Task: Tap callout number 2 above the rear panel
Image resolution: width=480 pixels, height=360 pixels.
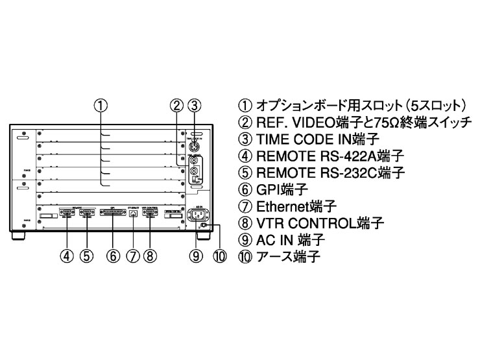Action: [x=175, y=104]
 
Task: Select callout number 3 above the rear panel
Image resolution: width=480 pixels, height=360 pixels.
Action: [x=192, y=104]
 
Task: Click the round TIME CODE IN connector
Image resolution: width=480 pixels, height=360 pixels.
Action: [x=193, y=145]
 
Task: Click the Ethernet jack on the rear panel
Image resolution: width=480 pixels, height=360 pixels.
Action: [x=133, y=213]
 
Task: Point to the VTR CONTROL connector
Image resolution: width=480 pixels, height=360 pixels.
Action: [x=150, y=212]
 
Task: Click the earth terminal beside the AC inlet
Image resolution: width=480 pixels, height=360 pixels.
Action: [x=203, y=226]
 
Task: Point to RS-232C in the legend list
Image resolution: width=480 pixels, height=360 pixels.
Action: [x=349, y=173]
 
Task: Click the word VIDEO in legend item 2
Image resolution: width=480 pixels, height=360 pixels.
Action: [x=304, y=122]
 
